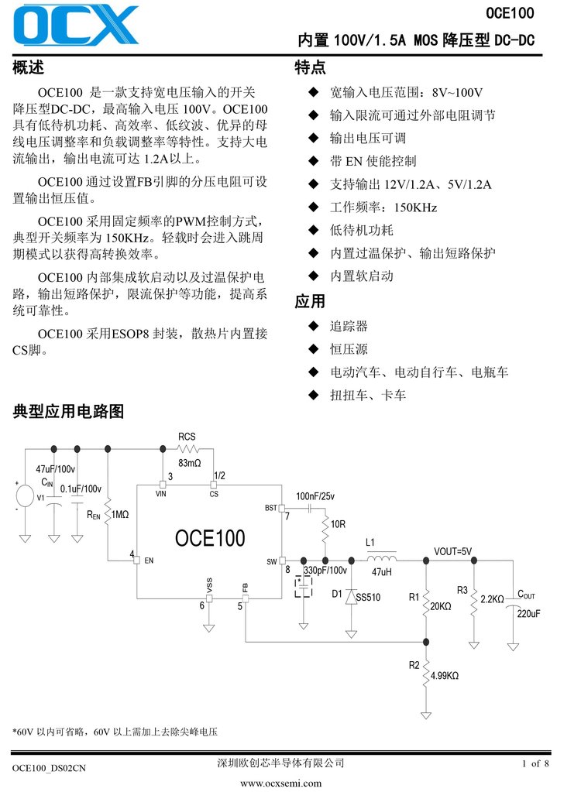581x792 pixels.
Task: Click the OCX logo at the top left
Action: [x=75, y=28]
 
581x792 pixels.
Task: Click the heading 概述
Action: [x=29, y=68]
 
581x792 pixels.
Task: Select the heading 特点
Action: [x=310, y=68]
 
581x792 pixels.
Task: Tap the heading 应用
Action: [x=310, y=301]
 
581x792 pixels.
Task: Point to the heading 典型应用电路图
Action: [x=68, y=411]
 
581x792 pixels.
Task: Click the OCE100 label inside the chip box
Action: [x=210, y=538]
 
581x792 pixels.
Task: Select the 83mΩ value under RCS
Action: [x=189, y=463]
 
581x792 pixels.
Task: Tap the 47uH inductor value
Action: [x=382, y=572]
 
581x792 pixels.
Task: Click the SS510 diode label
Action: [x=368, y=598]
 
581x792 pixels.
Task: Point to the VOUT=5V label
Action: [x=452, y=551]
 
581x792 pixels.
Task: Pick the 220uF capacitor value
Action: [x=528, y=612]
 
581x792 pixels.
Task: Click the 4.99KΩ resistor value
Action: [x=445, y=675]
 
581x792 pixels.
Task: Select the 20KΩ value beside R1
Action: [x=440, y=606]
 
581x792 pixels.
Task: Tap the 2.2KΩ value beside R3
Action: [x=492, y=599]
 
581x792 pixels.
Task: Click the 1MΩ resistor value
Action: [x=120, y=514]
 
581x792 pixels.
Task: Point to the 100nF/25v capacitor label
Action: [x=315, y=495]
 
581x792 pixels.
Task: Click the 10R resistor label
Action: [x=338, y=524]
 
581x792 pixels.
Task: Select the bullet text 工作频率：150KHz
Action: [x=383, y=207]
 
